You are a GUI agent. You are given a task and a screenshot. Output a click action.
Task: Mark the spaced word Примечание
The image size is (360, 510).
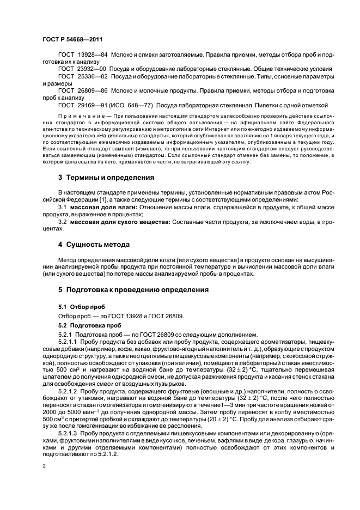[78, 116]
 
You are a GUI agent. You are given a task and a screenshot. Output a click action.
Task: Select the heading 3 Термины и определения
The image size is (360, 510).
[106, 177]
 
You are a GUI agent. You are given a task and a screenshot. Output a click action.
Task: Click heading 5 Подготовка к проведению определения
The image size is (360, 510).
[133, 290]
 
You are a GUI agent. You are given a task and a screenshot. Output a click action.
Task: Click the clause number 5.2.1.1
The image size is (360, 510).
[68, 341]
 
